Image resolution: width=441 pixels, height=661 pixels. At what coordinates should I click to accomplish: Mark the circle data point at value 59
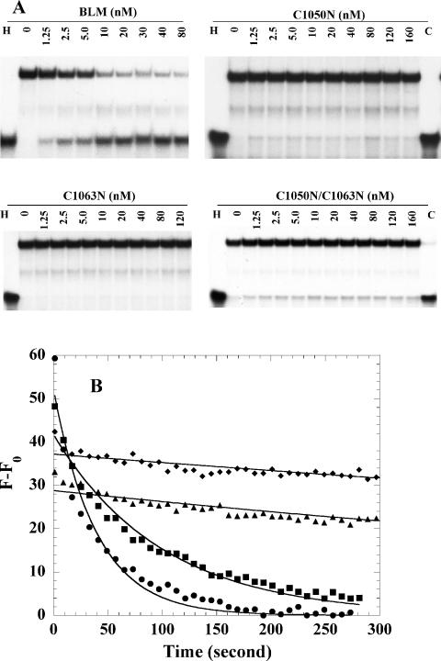coord(54,358)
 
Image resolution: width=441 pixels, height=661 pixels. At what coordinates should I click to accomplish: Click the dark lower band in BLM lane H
coord(10,142)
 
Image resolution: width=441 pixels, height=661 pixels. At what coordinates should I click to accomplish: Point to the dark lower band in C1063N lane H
coord(10,299)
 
